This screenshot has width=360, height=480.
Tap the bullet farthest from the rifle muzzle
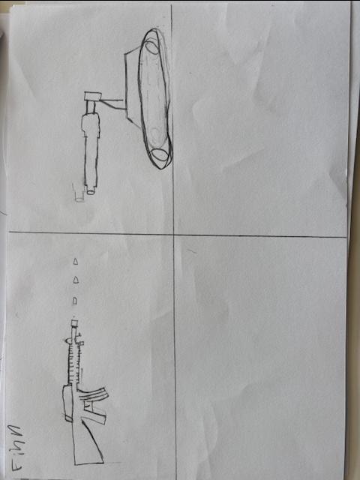click(x=76, y=262)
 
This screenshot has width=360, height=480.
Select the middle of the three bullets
click(x=76, y=280)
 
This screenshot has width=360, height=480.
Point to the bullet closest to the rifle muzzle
click(x=75, y=301)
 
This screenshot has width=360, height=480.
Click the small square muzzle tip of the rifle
click(x=74, y=323)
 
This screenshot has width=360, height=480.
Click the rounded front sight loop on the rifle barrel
click(x=69, y=340)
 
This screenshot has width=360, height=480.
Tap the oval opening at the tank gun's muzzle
click(x=91, y=192)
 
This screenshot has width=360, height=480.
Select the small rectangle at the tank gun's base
click(x=93, y=96)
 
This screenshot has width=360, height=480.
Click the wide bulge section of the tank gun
click(x=91, y=125)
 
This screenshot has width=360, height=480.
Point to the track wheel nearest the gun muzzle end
click(x=160, y=155)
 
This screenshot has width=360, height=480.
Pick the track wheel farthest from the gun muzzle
click(x=152, y=48)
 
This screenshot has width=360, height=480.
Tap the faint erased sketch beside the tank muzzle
click(x=79, y=193)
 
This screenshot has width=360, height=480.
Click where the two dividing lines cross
click(x=173, y=235)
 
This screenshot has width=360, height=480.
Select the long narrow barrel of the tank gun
click(x=91, y=161)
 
